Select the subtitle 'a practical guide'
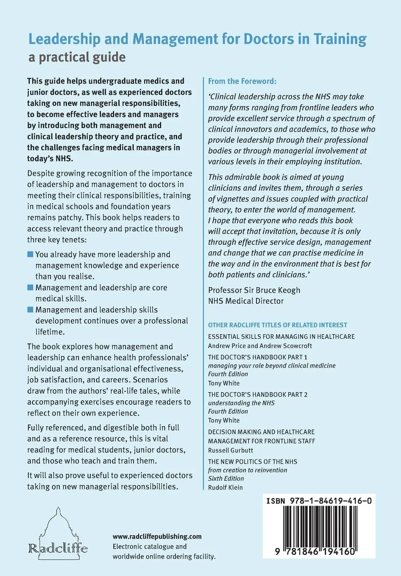click(x=77, y=57)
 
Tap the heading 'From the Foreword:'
click(x=242, y=81)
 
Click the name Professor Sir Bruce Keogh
click(x=254, y=290)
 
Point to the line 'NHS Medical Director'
click(x=246, y=301)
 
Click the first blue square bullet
click(x=30, y=255)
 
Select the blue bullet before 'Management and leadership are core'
click(x=30, y=288)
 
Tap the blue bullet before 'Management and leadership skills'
click(x=30, y=310)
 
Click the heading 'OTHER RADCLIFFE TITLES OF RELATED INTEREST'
click(x=277, y=325)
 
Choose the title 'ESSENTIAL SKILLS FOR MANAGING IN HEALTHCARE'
click(x=281, y=337)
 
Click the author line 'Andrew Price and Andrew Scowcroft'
click(x=260, y=346)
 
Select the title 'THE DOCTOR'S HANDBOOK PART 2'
click(x=258, y=395)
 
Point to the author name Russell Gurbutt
click(x=231, y=450)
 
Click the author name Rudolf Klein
click(x=226, y=487)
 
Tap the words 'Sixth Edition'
click(x=226, y=479)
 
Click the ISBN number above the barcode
click(x=319, y=501)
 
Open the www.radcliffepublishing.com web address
click(x=157, y=537)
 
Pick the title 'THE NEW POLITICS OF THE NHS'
click(x=253, y=462)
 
